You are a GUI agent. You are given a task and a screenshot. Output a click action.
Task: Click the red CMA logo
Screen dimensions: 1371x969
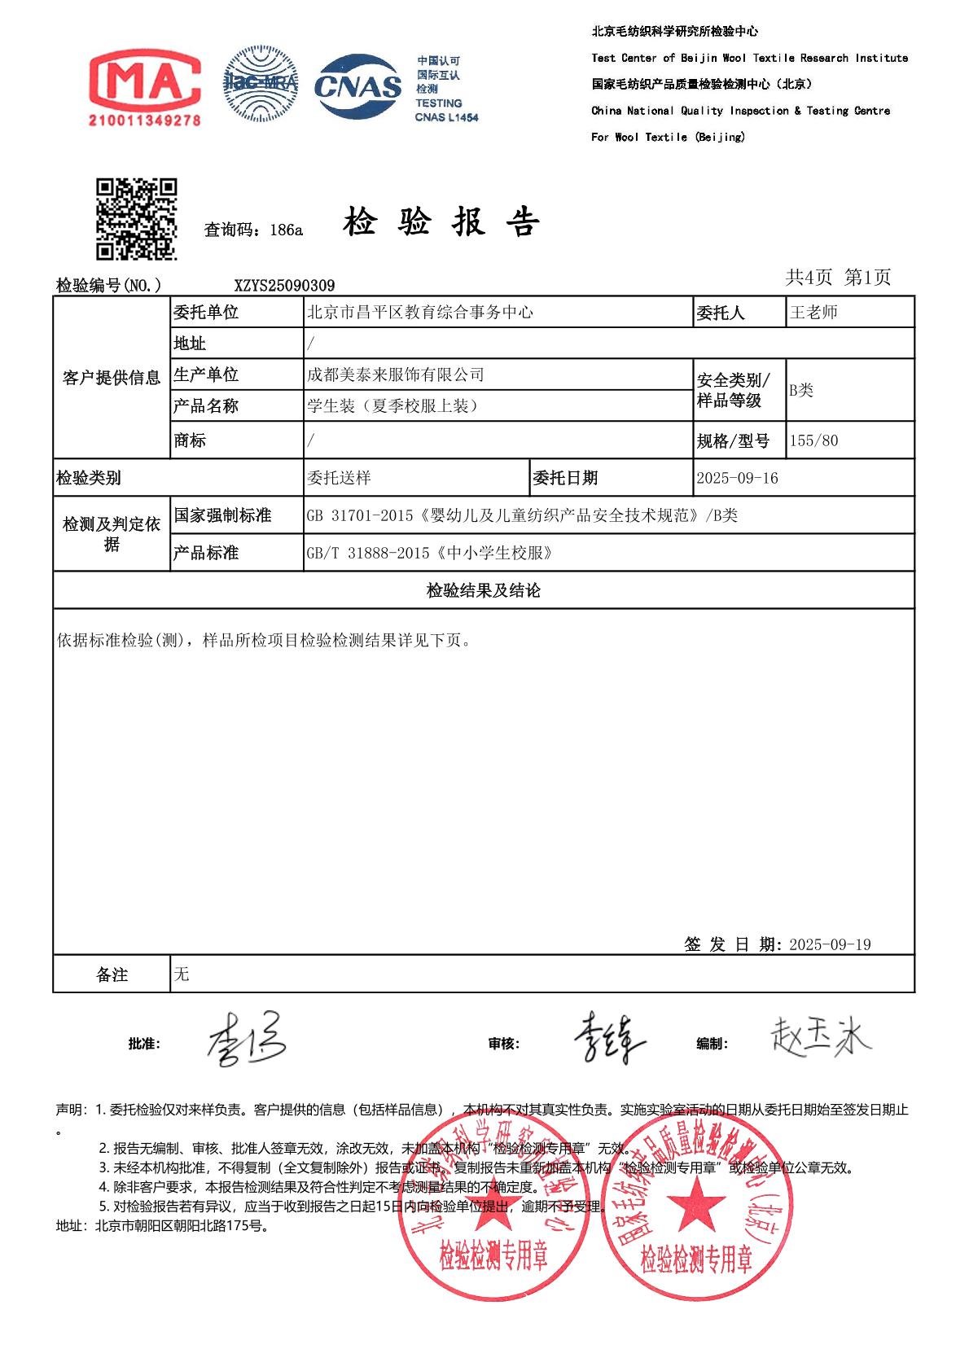[x=144, y=80]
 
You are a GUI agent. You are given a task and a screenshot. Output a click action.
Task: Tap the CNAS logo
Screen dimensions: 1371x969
[x=357, y=86]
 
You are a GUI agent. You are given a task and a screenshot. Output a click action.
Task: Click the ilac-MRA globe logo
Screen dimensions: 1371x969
[x=261, y=84]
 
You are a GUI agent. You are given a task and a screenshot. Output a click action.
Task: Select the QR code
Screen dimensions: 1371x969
[x=137, y=219]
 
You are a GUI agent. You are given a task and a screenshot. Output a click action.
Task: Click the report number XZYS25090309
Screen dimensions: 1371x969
[x=284, y=286]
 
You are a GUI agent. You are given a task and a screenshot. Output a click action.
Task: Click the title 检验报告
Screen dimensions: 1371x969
[x=441, y=222]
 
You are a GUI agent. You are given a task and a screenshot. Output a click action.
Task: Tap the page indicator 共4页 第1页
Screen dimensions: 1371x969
[x=838, y=278]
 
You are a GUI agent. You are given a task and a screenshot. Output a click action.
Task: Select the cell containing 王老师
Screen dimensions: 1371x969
[x=814, y=313]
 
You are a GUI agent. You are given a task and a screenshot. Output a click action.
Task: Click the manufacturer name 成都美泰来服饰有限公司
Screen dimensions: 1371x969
[x=396, y=375]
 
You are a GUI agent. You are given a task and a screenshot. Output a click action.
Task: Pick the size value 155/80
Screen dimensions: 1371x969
[x=813, y=441]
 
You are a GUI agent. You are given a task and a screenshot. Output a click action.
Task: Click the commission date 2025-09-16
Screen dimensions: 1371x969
[x=737, y=479]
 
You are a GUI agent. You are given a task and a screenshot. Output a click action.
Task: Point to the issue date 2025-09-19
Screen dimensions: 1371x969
[x=830, y=944]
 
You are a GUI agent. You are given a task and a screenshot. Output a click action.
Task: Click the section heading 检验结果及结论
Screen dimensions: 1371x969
[x=484, y=590]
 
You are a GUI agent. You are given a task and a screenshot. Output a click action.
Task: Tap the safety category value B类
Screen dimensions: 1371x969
[x=801, y=390]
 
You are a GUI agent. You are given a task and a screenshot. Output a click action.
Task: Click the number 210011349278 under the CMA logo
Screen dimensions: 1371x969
[x=144, y=120]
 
